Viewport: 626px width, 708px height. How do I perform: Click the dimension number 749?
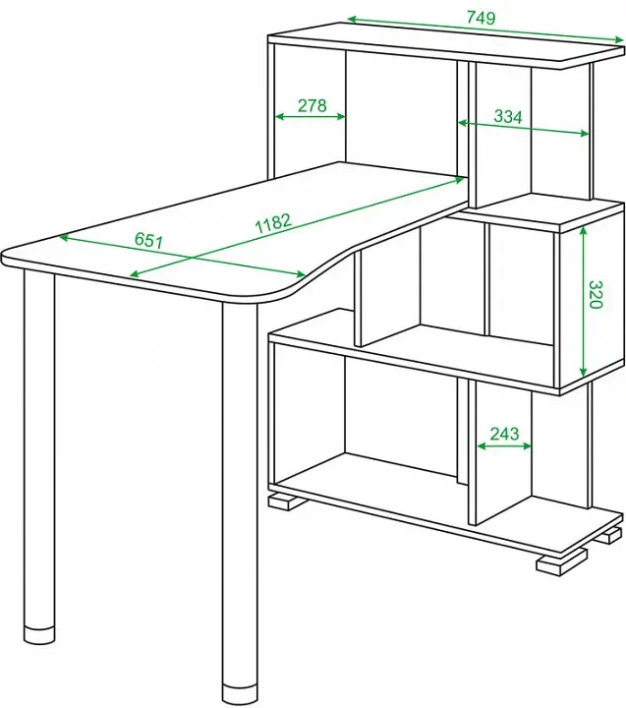(481, 18)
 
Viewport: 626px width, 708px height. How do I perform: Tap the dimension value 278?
(312, 105)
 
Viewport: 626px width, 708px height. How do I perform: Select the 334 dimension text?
(508, 116)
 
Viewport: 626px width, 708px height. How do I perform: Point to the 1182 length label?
(273, 222)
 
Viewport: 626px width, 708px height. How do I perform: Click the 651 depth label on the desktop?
(148, 241)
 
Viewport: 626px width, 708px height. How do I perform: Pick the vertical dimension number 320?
(596, 294)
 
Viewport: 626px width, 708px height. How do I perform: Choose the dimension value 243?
(504, 434)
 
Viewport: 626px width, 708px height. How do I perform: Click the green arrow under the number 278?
(311, 116)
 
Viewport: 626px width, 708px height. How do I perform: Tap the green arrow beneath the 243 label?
(504, 446)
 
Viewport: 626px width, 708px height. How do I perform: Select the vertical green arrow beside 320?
(583, 302)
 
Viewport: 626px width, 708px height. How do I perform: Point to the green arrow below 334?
(524, 128)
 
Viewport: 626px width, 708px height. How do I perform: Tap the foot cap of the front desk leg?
(240, 698)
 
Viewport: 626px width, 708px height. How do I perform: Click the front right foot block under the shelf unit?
(559, 562)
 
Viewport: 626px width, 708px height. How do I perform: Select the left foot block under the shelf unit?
(285, 501)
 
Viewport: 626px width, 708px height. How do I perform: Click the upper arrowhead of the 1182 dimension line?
(459, 181)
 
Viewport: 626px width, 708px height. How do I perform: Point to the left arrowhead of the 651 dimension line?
(64, 237)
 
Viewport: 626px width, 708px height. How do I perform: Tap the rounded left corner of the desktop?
(9, 259)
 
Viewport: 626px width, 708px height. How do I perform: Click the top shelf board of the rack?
(445, 45)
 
